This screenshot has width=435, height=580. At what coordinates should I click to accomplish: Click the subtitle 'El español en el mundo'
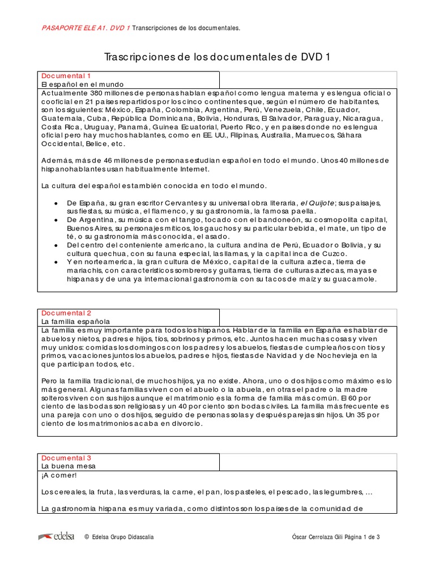(x=83, y=84)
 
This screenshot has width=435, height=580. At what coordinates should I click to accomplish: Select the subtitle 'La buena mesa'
(x=69, y=466)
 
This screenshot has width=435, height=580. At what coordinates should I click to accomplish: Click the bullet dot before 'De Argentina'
(x=55, y=220)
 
